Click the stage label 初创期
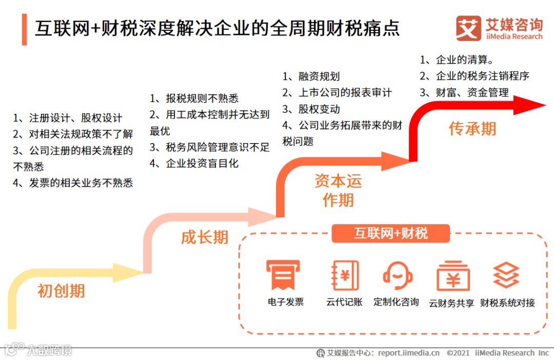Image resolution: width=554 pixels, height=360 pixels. pyautogui.click(x=61, y=291)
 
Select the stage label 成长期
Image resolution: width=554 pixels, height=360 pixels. pyautogui.click(x=204, y=237)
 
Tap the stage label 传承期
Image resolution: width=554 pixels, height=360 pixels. pyautogui.click(x=472, y=128)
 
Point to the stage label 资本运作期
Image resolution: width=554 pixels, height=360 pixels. pyautogui.click(x=338, y=190)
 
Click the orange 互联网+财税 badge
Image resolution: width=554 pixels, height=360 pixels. pyautogui.click(x=391, y=234)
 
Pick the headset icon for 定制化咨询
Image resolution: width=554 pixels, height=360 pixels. pyautogui.click(x=397, y=276)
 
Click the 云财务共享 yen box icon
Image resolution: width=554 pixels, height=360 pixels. pyautogui.click(x=452, y=277)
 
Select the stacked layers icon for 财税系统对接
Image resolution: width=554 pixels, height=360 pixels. pyautogui.click(x=506, y=275)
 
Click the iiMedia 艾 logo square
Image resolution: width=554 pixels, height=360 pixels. pyautogui.click(x=468, y=29)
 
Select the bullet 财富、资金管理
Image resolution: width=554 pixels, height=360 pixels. pyautogui.click(x=471, y=93)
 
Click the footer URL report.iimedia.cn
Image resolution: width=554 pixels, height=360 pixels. pyautogui.click(x=408, y=353)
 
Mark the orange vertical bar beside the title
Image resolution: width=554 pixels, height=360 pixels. pyautogui.click(x=25, y=29)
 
